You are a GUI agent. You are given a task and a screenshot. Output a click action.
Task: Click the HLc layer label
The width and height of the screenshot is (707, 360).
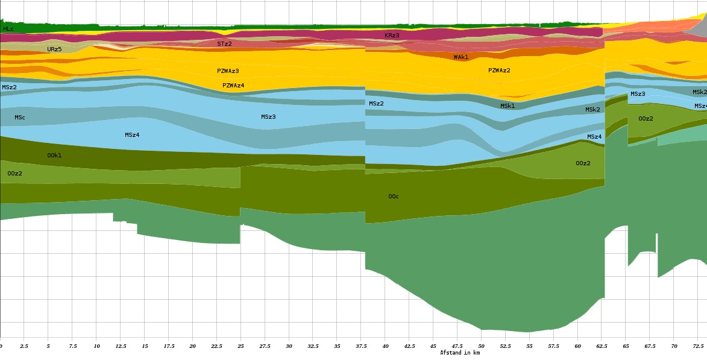pyautogui.click(x=8, y=29)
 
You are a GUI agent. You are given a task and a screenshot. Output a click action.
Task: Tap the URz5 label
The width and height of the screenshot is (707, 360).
pyautogui.click(x=54, y=49)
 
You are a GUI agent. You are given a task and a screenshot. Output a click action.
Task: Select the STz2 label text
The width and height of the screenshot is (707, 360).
pyautogui.click(x=224, y=44)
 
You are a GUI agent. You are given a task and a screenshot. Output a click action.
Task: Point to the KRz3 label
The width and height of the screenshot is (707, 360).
pyautogui.click(x=392, y=36)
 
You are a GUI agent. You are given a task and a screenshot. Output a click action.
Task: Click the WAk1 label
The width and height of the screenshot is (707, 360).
pyautogui.click(x=461, y=57)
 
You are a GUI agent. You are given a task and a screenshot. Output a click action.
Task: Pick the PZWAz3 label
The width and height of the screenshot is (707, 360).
pyautogui.click(x=228, y=71)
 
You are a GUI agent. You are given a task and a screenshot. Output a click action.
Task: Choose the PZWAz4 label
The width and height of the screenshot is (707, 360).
pyautogui.click(x=233, y=86)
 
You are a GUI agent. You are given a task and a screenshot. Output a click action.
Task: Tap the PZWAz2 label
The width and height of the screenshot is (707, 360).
pyautogui.click(x=499, y=71)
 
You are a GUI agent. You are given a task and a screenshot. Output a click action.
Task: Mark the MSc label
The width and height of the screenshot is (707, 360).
pyautogui.click(x=20, y=118)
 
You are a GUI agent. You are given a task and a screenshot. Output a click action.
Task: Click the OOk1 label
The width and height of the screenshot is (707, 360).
pyautogui.click(x=54, y=156)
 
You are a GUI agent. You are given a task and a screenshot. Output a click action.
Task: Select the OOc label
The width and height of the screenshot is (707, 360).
pyautogui.click(x=394, y=197)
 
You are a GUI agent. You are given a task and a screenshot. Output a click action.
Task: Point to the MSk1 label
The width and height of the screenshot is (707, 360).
pyautogui.click(x=507, y=106)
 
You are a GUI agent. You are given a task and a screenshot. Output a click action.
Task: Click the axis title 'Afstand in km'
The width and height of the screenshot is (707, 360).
pyautogui.click(x=460, y=353)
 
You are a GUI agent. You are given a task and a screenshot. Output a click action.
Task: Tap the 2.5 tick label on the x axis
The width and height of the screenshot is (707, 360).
pyautogui.click(x=24, y=347)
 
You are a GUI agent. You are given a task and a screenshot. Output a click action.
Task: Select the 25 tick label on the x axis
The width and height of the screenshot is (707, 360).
pyautogui.click(x=240, y=347)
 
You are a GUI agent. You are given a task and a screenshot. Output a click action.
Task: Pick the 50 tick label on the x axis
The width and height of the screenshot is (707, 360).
pyautogui.click(x=481, y=347)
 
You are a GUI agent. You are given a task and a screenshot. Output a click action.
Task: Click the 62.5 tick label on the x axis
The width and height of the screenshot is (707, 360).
pyautogui.click(x=602, y=347)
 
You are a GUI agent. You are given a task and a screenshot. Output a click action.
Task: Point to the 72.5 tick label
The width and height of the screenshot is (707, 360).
pyautogui.click(x=697, y=347)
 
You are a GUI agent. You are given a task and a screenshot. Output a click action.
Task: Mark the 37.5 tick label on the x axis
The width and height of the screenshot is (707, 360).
pyautogui.click(x=361, y=347)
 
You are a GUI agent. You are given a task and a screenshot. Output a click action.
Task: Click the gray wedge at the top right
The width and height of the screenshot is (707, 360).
pyautogui.click(x=696, y=27)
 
